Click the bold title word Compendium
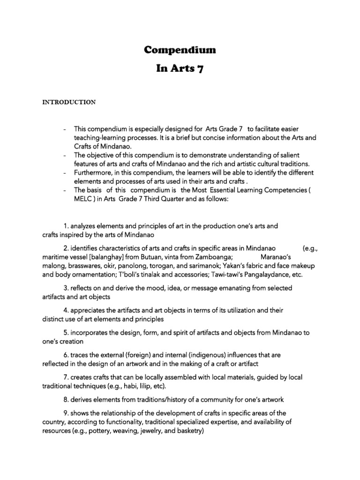180,50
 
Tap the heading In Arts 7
180,69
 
